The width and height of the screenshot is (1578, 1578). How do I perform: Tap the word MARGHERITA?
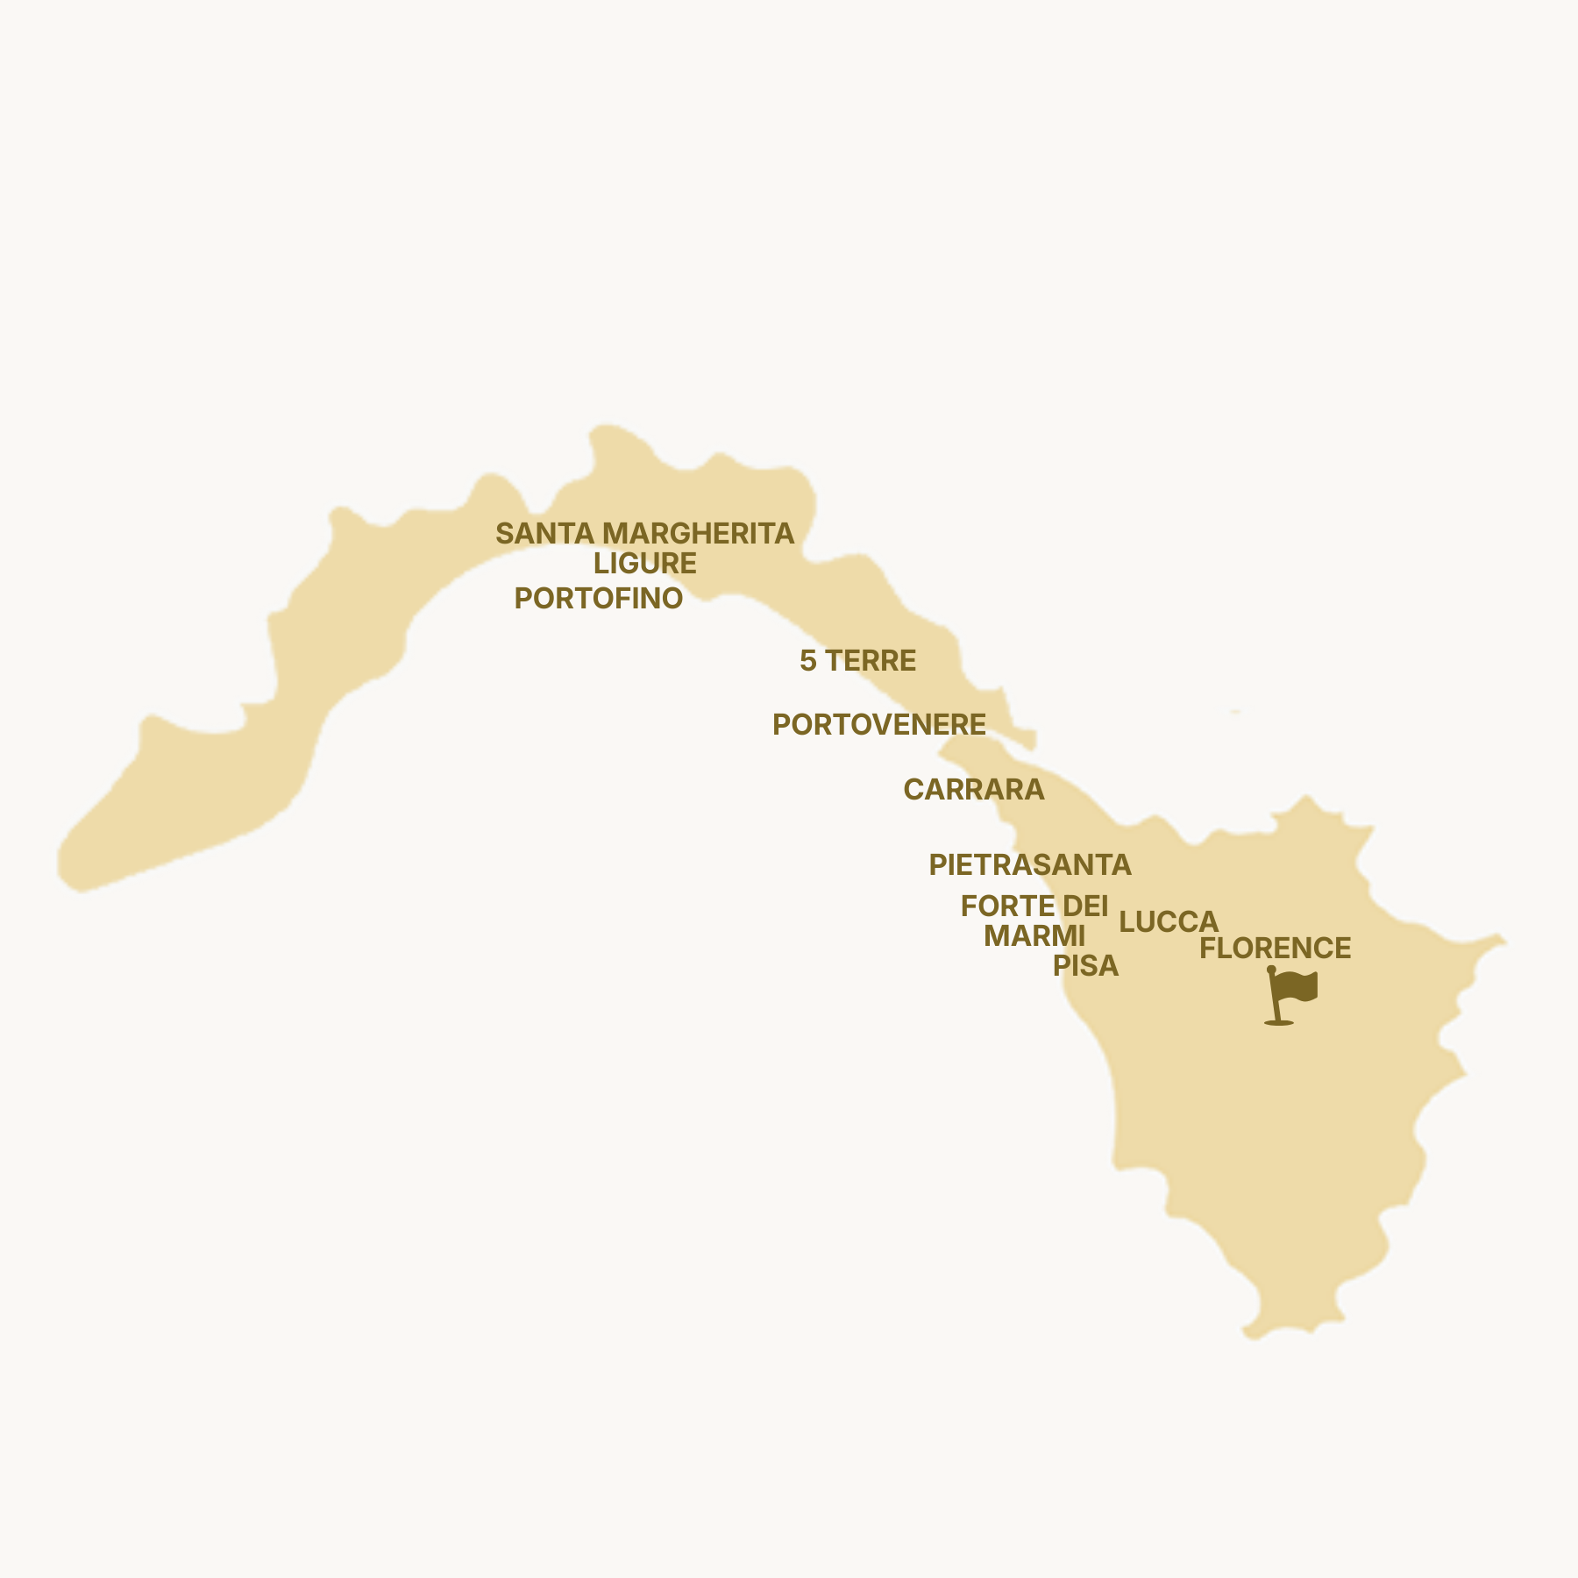[x=698, y=533]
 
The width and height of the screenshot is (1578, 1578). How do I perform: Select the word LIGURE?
[x=645, y=564]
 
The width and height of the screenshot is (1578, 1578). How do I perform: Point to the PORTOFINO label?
[x=599, y=599]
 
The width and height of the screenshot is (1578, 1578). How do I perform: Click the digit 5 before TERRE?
[x=807, y=661]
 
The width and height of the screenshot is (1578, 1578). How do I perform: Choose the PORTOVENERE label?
[x=879, y=725]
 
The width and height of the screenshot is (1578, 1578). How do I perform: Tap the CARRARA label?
[x=974, y=790]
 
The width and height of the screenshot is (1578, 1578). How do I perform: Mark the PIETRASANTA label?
[x=1030, y=865]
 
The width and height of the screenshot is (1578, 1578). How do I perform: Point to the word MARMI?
[x=1034, y=936]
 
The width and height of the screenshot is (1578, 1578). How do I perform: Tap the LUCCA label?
[x=1169, y=922]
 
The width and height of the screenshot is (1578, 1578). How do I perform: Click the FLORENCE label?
[x=1276, y=949]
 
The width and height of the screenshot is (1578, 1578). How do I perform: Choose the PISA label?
[x=1086, y=966]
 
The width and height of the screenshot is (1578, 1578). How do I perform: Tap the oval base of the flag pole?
[x=1279, y=1022]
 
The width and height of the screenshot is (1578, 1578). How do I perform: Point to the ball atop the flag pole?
[x=1271, y=970]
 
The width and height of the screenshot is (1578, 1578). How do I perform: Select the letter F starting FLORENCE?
[x=1207, y=949]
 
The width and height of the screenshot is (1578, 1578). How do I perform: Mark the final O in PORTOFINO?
[x=672, y=599]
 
